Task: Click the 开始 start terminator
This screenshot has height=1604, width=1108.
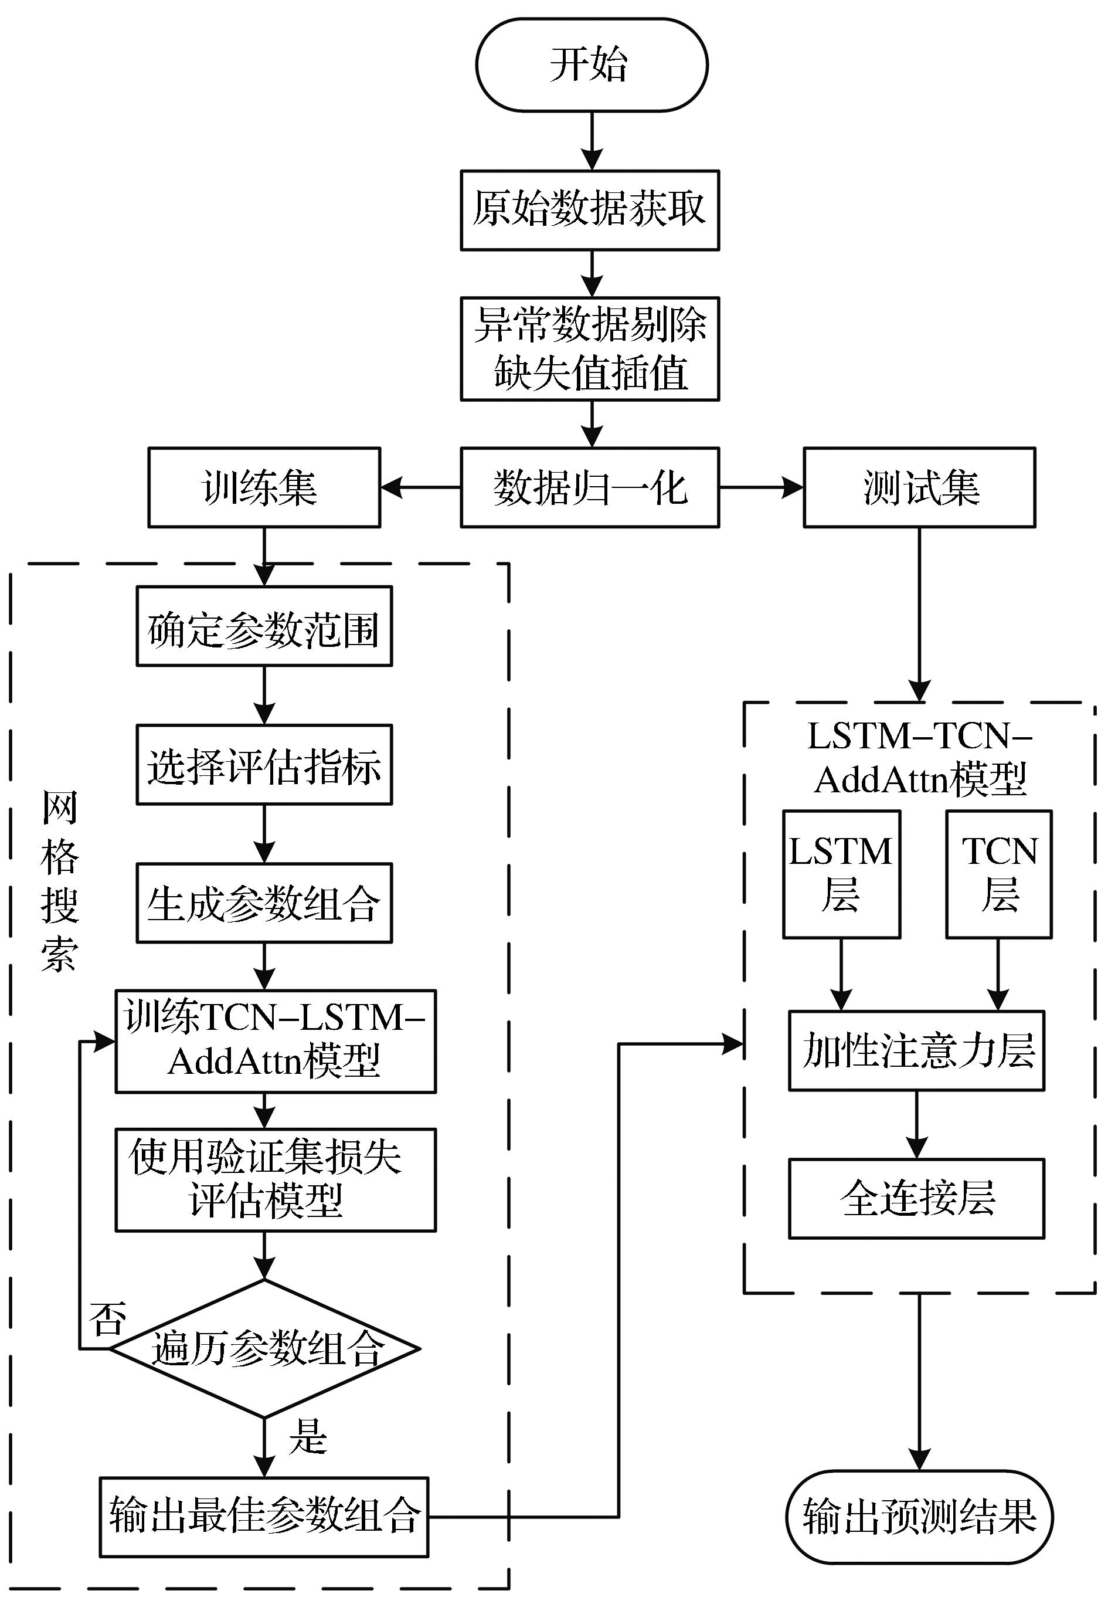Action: tap(592, 65)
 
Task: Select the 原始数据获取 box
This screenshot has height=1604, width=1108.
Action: tap(590, 210)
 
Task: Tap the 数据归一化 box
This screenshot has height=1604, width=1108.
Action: tap(590, 487)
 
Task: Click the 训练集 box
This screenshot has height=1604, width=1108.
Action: tap(264, 487)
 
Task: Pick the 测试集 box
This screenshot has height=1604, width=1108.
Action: tap(920, 487)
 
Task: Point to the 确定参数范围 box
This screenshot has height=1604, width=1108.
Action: tap(264, 626)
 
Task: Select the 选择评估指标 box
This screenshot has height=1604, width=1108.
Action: tap(264, 765)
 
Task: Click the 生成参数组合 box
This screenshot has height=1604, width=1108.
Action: tap(264, 903)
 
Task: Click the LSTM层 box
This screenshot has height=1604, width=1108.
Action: tap(841, 874)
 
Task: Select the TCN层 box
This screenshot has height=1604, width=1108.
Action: tap(999, 874)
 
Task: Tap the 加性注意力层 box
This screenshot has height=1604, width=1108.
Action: tap(916, 1050)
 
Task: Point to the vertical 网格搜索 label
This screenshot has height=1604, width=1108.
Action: tap(60, 881)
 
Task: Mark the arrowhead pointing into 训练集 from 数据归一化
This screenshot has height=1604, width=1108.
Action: tap(392, 487)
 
